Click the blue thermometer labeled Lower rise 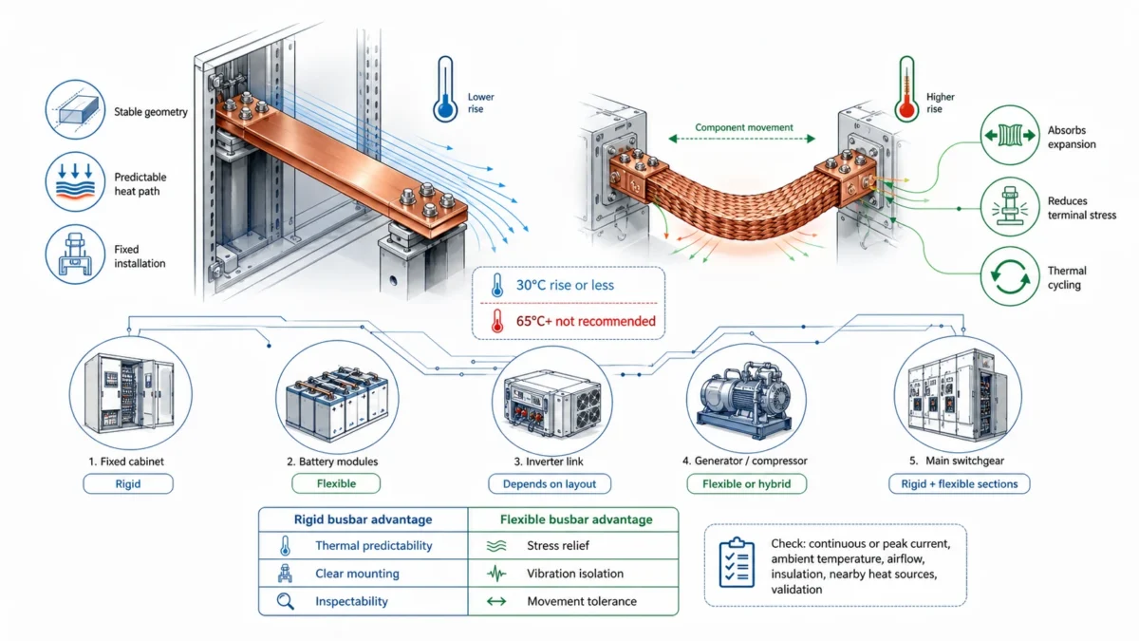[443, 90]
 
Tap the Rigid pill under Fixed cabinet [128, 484]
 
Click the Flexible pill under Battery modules [336, 484]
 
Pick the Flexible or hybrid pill [746, 484]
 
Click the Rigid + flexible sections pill [959, 484]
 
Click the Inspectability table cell [351, 601]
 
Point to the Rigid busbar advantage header [364, 519]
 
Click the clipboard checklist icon [737, 563]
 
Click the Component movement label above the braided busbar [743, 127]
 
